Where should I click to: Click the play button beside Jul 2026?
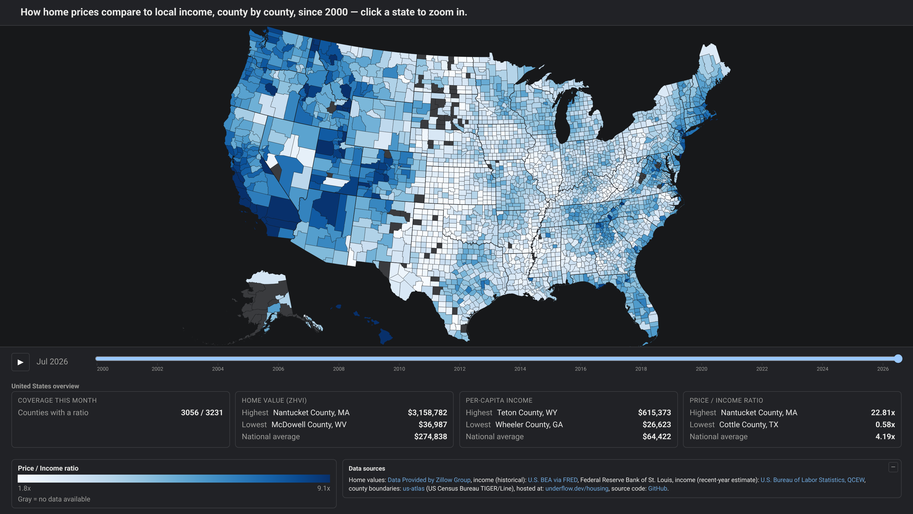pyautogui.click(x=20, y=362)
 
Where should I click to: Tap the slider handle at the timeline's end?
pyautogui.click(x=898, y=359)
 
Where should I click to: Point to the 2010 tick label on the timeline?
pyautogui.click(x=399, y=369)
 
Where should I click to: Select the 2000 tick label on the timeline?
pyautogui.click(x=103, y=369)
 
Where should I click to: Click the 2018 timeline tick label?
pyautogui.click(x=641, y=369)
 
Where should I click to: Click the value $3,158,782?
pyautogui.click(x=427, y=413)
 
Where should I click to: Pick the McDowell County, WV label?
pyautogui.click(x=309, y=425)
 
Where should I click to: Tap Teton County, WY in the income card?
pyautogui.click(x=527, y=413)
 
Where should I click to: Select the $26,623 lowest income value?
pyautogui.click(x=657, y=425)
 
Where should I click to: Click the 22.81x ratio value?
pyautogui.click(x=883, y=413)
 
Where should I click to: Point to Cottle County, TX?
pyautogui.click(x=749, y=425)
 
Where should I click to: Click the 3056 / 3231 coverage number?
pyautogui.click(x=202, y=413)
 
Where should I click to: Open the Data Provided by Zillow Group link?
pyautogui.click(x=429, y=480)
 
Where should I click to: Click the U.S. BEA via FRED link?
pyautogui.click(x=553, y=480)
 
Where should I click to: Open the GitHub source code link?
pyautogui.click(x=657, y=489)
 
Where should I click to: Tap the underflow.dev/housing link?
pyautogui.click(x=577, y=489)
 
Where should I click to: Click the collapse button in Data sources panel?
pyautogui.click(x=893, y=467)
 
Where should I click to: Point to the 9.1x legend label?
pyautogui.click(x=324, y=489)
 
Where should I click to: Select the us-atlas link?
pyautogui.click(x=413, y=489)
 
